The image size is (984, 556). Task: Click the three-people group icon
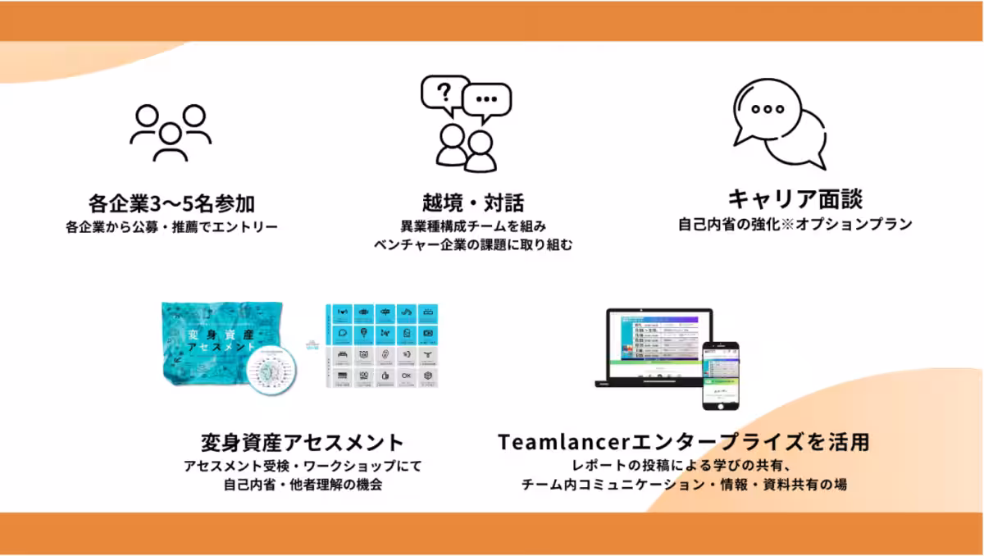(170, 131)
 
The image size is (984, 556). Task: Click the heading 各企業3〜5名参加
(172, 202)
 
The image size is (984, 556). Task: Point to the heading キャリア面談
(795, 199)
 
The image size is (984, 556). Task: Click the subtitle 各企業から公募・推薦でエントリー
(172, 226)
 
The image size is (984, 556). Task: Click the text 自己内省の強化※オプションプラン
(795, 224)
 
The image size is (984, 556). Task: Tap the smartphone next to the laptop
(720, 375)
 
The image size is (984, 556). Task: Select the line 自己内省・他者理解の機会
(303, 485)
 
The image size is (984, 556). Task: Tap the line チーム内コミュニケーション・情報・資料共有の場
(683, 485)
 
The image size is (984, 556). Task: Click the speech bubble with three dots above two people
(487, 100)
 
